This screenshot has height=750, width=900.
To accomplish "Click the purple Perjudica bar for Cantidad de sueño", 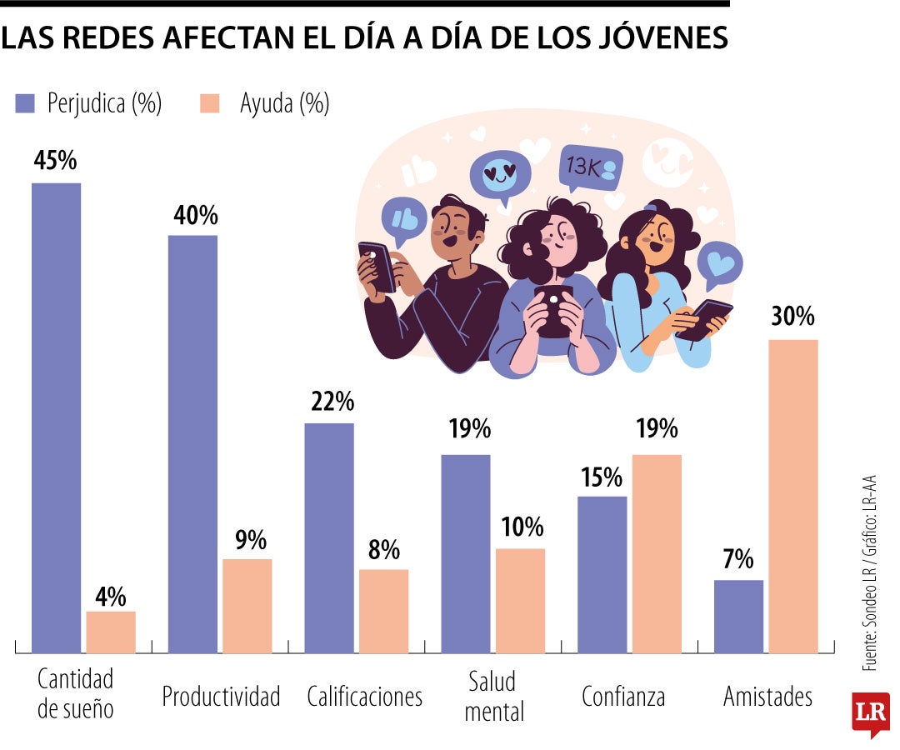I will coord(56,417).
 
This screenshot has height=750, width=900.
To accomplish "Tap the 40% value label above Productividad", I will coord(196,215).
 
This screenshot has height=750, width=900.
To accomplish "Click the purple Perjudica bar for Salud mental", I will coord(465,553).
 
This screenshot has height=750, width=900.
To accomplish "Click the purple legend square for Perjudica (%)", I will coord(25,103).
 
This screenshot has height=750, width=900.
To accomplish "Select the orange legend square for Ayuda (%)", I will coord(210,103).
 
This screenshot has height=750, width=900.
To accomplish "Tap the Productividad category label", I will coord(221,697).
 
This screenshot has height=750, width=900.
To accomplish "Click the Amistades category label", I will coord(767,697).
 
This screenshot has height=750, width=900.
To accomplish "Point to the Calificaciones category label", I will coord(364,697).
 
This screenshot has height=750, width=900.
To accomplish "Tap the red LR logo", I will coord(870,712).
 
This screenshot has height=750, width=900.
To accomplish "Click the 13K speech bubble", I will coord(590,167).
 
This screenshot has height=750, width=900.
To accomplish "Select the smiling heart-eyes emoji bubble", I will coord(499,176).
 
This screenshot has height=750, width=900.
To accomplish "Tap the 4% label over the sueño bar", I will coord(110,596).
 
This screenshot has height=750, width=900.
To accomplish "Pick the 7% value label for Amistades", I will coord(737,558).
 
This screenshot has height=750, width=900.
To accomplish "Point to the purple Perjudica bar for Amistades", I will coord(738,616).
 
